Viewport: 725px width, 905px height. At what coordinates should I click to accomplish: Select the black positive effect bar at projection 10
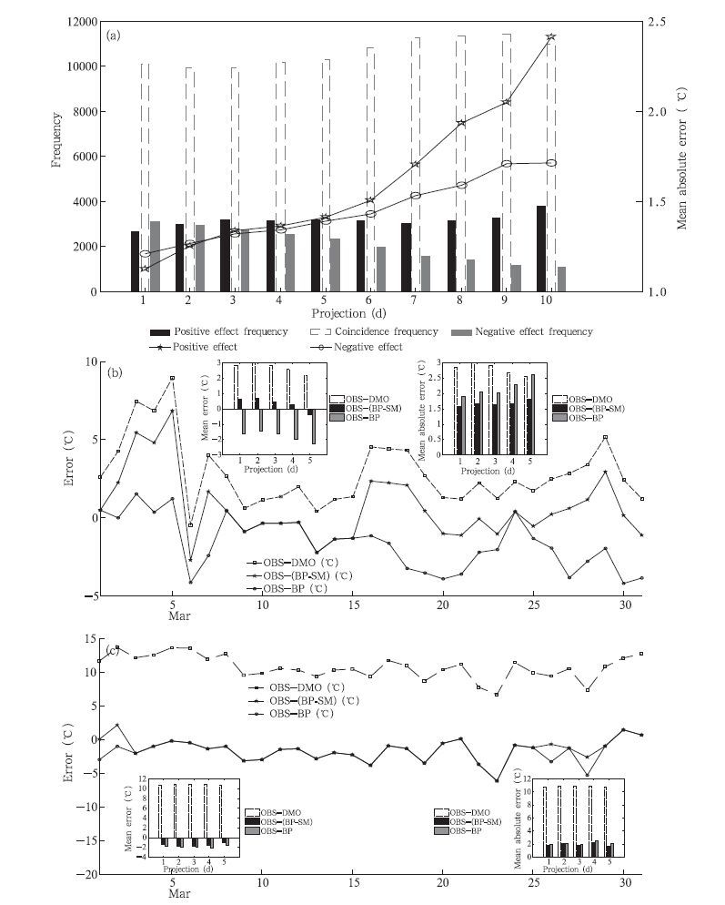point(541,249)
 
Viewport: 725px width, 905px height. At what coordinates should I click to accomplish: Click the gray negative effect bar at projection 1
point(155,256)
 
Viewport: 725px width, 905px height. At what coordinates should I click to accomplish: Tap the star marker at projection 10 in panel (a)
point(550,37)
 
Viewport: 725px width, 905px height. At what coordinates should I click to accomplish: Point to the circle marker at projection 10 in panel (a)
point(550,163)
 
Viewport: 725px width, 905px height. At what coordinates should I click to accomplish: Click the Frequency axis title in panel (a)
point(56,139)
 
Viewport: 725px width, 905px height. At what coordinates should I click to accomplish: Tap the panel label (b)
point(115,372)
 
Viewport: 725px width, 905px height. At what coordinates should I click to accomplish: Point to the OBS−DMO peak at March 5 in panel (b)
point(172,378)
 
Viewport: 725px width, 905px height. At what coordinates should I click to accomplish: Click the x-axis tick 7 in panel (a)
point(416,300)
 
